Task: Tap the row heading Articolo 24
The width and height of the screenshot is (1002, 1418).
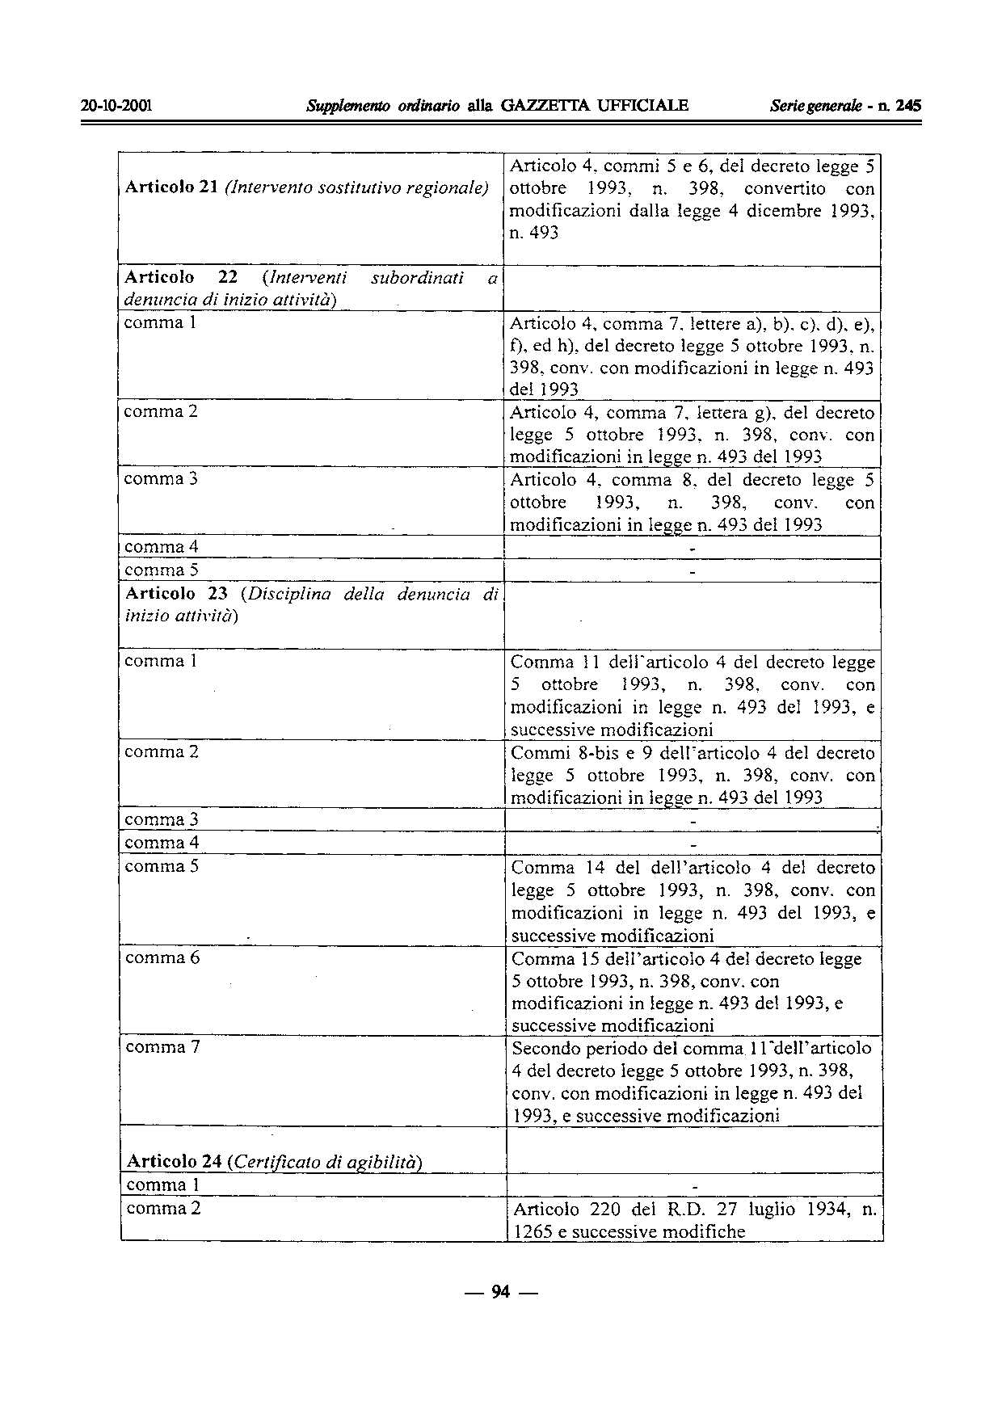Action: [x=175, y=1162]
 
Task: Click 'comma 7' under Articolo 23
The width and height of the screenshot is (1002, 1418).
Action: [x=162, y=1048]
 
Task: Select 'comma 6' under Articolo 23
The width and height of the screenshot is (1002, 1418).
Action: [x=162, y=958]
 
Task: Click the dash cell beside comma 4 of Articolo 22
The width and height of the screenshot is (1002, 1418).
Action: [x=692, y=548]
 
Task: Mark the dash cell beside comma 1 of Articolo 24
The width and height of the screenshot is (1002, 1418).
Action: [x=694, y=1186]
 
